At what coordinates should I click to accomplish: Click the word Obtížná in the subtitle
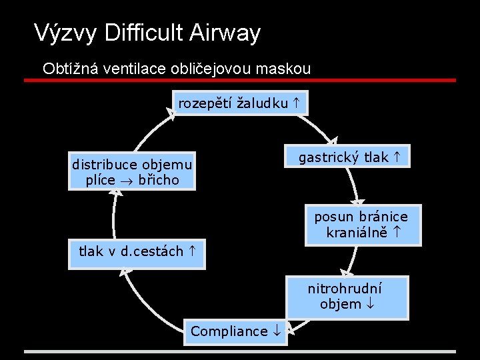coord(65,69)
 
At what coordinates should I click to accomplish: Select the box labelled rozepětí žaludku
coord(239,103)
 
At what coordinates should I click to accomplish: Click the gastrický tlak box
coord(348,158)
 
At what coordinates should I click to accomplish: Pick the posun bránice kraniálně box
coord(363,225)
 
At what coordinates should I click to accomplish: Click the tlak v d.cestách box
coord(137,252)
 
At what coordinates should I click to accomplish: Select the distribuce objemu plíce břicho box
coord(132,172)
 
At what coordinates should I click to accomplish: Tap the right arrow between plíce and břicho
coord(124,181)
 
